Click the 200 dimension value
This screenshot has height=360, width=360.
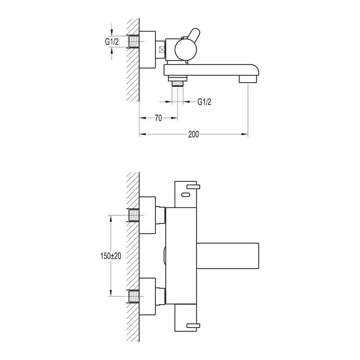(194, 134)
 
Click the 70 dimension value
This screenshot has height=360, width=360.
(158, 118)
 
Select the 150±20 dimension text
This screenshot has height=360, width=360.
(111, 256)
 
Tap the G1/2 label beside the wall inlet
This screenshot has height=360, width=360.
(112, 41)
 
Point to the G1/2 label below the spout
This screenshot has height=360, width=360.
(204, 102)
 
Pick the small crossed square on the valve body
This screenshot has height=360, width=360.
(162, 50)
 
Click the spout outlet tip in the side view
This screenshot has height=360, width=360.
(248, 80)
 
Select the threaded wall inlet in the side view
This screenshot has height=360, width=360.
(134, 41)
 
